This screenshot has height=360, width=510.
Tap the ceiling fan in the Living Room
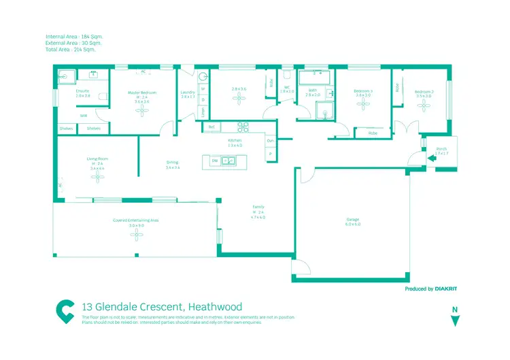coord(98,177)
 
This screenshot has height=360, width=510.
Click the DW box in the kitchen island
coord(214,161)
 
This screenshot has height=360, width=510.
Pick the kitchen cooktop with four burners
coord(243,127)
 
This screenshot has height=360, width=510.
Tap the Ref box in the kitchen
coord(211,127)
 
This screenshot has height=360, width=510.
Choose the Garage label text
coord(352,219)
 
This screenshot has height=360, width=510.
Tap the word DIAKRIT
coord(446,289)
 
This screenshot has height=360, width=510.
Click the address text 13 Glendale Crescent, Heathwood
coord(161,307)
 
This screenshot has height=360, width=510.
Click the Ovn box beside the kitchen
coord(270,141)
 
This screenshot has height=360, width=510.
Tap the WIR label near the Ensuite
coord(84,116)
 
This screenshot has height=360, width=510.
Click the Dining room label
coord(172,162)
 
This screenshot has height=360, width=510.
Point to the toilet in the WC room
coord(287,75)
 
